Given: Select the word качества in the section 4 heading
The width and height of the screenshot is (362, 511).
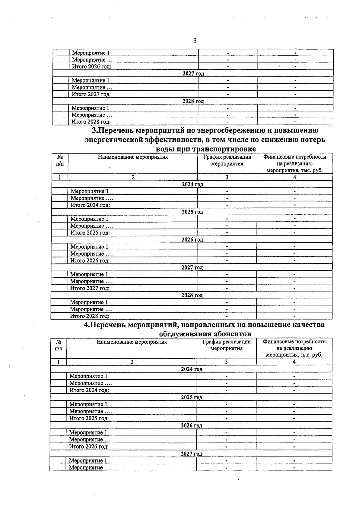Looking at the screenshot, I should click(x=308, y=325).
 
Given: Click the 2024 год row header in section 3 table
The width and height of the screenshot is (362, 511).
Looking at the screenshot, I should click(x=192, y=184).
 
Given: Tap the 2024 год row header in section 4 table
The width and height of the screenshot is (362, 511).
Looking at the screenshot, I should click(x=192, y=369).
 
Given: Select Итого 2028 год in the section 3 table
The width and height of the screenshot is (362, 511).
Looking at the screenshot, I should click(x=90, y=316).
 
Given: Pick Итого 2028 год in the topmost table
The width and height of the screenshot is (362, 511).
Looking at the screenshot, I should click(x=91, y=122).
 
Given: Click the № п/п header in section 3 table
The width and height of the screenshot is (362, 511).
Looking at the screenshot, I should click(x=60, y=160).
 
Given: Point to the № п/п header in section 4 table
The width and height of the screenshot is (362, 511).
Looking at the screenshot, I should click(x=59, y=345).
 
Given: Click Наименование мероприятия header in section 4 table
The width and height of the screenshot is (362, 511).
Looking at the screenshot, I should click(x=132, y=342).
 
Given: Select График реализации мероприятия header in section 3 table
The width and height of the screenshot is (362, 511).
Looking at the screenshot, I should click(x=227, y=160).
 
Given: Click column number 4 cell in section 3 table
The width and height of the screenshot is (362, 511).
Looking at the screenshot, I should click(x=294, y=177).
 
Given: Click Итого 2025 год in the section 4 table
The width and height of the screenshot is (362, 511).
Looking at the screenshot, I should click(x=89, y=418).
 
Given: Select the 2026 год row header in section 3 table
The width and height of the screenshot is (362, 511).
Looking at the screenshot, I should click(x=192, y=240).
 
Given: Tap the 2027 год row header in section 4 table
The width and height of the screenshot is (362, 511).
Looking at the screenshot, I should click(x=191, y=454).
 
